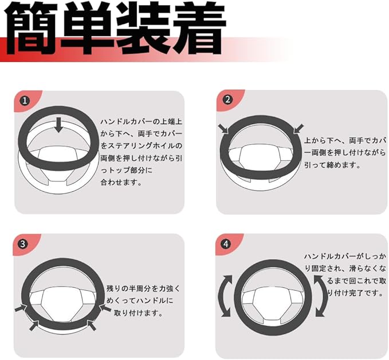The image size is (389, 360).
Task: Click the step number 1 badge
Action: click(x=25, y=101)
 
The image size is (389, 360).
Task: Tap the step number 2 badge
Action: click(x=227, y=100)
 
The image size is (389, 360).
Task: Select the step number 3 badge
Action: click(x=22, y=244)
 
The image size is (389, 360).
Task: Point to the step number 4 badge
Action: click(x=226, y=244)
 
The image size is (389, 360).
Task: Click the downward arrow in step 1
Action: click(x=58, y=125)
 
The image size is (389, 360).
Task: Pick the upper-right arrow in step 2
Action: click(x=298, y=129)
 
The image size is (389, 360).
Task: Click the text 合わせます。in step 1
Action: click(x=121, y=183)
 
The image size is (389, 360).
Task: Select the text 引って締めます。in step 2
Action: click(x=332, y=165)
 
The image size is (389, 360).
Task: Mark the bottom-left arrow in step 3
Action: click(x=34, y=325)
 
